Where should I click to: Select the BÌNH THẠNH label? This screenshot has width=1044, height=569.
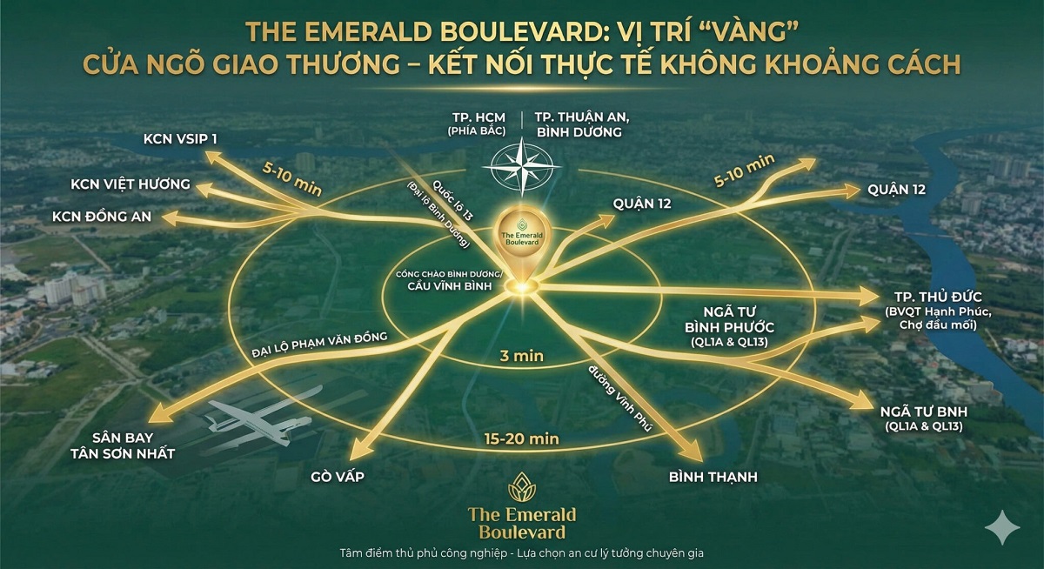click(713, 477)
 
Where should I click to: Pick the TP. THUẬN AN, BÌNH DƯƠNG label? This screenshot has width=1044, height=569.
click(579, 124)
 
